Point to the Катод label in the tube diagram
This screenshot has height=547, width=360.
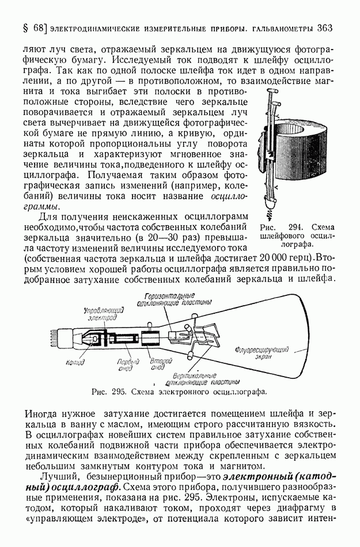pos(75,362)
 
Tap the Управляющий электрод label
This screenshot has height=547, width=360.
pos(103,313)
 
